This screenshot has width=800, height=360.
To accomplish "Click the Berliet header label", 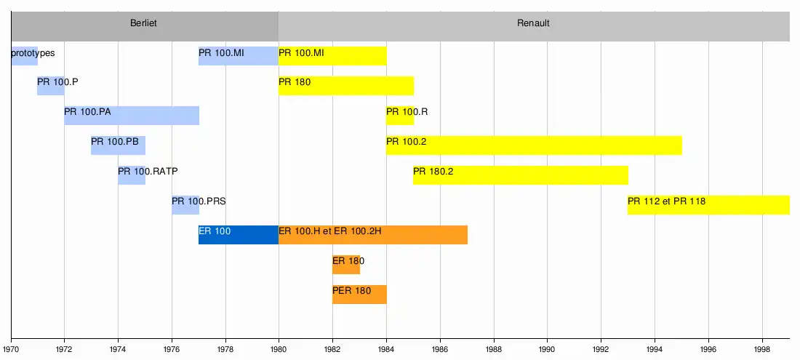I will point(143,23).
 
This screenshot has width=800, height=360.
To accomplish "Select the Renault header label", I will point(533,23).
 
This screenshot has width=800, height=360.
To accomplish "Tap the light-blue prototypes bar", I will point(24,55).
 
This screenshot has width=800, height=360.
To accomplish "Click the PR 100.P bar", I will point(51,85).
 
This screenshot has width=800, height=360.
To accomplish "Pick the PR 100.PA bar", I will point(132,115).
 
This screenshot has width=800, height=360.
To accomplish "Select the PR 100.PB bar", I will point(118,145).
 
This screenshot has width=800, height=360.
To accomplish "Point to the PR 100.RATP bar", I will point(132,175).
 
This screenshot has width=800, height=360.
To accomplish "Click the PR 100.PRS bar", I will point(185,204).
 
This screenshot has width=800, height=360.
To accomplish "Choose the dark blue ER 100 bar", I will point(239,234).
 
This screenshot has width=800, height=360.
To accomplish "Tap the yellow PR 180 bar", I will point(346,85).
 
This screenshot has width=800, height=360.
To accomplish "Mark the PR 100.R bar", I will point(400,115).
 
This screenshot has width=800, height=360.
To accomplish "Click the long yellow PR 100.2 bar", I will point(534,145).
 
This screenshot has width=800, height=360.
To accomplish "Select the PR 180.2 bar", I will point(520,175).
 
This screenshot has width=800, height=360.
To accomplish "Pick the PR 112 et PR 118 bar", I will point(708,204).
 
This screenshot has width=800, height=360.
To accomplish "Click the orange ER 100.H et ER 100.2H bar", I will point(372,234).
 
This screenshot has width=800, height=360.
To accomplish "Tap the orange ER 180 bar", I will point(346,264).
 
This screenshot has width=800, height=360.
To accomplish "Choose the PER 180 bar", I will point(359,294).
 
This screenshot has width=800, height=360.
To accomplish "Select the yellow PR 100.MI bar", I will point(332,55).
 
